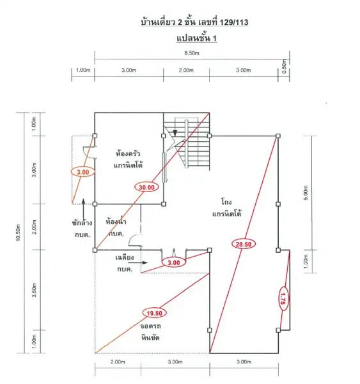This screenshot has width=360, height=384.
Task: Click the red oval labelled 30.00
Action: (146, 188)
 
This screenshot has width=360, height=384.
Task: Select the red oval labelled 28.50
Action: (244, 244)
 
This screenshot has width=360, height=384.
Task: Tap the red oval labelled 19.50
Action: (155, 313)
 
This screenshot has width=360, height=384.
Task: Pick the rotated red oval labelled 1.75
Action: (283, 298)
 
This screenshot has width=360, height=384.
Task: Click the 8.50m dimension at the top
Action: (192, 53)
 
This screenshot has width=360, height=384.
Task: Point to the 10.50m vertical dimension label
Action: (18, 232)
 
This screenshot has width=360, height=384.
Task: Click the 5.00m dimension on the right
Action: (306, 193)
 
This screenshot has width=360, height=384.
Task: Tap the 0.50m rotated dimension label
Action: (284, 66)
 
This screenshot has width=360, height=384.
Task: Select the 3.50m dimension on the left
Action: (35, 290)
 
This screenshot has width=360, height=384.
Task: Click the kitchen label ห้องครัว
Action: (128, 154)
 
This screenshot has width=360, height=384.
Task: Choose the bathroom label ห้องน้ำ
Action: (116, 221)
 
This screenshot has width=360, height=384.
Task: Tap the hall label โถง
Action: (226, 202)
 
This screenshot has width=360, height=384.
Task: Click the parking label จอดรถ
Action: (150, 326)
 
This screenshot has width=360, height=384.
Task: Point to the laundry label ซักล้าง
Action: (82, 223)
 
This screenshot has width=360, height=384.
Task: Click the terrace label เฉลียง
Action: (125, 257)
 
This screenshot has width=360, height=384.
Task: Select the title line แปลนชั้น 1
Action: (197, 38)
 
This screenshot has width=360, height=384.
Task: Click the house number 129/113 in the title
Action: (234, 22)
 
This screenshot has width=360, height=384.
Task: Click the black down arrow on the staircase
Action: (175, 132)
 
